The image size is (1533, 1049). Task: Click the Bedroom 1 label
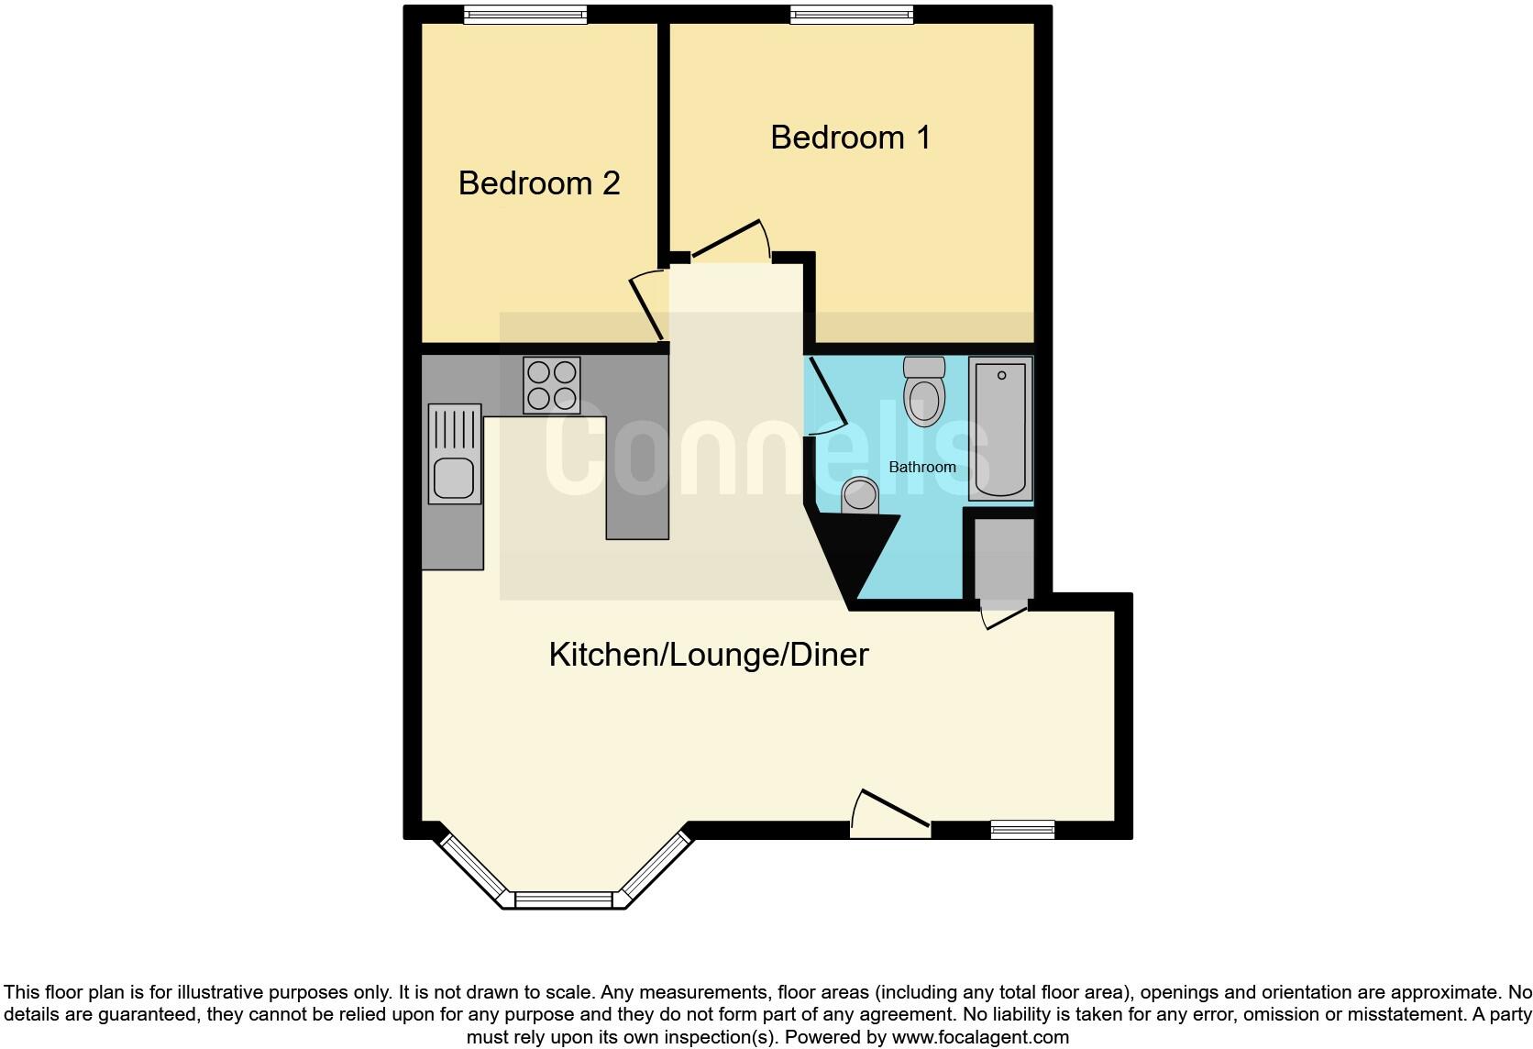[x=850, y=138]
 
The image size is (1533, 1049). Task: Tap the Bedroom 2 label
[x=539, y=183]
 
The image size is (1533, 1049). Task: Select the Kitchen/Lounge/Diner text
[x=708, y=655]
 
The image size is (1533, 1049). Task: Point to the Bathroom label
[x=922, y=467]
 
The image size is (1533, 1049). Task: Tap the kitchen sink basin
[x=454, y=479]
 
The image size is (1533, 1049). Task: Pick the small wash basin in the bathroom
[x=860, y=496]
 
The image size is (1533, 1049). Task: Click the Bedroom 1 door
[x=729, y=240]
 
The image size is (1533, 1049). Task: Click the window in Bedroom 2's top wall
[x=524, y=15]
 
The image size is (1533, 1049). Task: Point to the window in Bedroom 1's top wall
[x=852, y=15]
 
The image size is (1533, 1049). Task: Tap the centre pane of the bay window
[x=563, y=900]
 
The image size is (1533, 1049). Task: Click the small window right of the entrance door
[x=1022, y=830]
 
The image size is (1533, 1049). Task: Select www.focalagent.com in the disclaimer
[x=979, y=1038]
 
